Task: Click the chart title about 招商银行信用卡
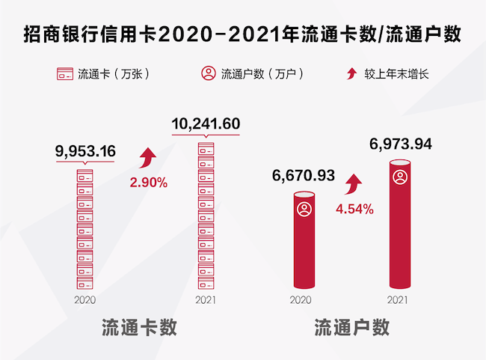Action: click(243, 34)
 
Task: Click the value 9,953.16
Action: click(85, 152)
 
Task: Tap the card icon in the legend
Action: click(64, 74)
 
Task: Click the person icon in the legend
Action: click(207, 74)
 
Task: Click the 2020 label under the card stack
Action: click(84, 299)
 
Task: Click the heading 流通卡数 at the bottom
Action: click(139, 329)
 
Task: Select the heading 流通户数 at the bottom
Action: click(352, 329)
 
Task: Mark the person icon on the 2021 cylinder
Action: click(401, 178)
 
